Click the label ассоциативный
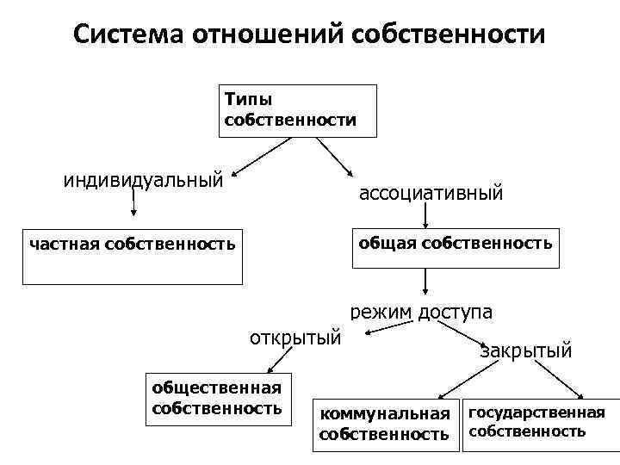click(x=431, y=193)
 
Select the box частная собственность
click(x=133, y=256)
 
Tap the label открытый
click(x=294, y=336)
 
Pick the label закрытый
click(x=525, y=350)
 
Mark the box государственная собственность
click(x=536, y=422)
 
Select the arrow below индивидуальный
click(x=133, y=204)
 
